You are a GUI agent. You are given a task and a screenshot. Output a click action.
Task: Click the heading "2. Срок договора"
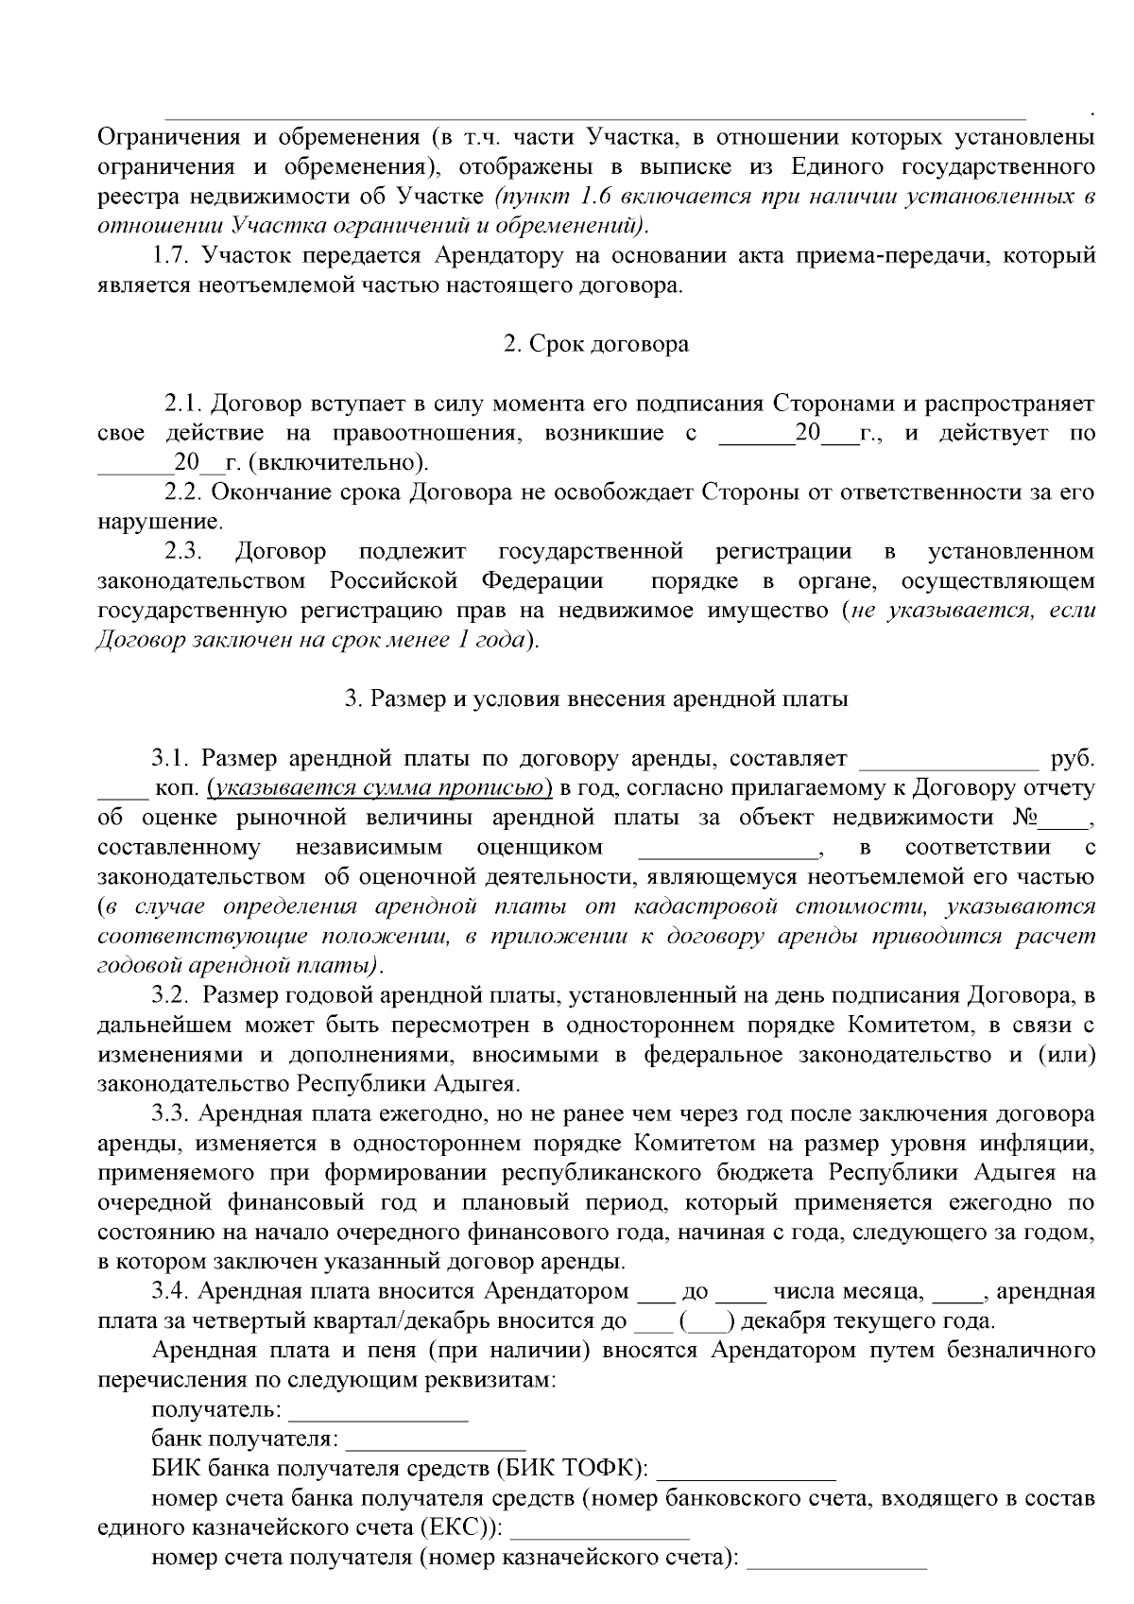(x=595, y=344)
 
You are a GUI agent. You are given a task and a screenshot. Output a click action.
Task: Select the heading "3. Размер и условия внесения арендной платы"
(x=595, y=699)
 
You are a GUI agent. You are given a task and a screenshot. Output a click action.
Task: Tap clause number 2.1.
(x=183, y=405)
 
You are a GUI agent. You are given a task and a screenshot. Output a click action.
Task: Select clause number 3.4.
(x=171, y=1292)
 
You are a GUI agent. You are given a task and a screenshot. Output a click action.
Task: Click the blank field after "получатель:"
(x=378, y=1412)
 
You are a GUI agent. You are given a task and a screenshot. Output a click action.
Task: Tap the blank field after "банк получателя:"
(x=436, y=1441)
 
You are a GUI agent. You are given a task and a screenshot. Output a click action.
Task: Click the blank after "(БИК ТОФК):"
(x=746, y=1471)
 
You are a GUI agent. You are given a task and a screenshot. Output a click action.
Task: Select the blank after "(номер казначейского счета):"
(x=836, y=1560)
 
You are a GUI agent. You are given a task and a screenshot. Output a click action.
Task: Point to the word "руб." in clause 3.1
(x=1073, y=759)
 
